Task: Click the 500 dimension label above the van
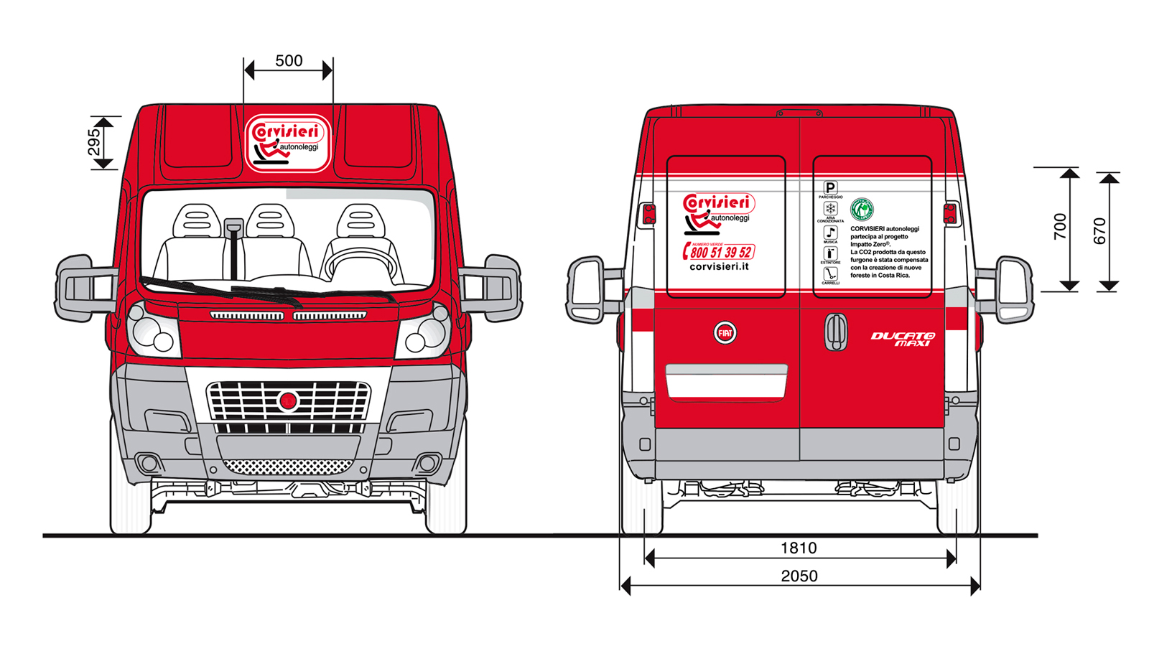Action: pyautogui.click(x=289, y=61)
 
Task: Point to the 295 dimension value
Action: pyautogui.click(x=94, y=143)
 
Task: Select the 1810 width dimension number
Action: pyautogui.click(x=799, y=548)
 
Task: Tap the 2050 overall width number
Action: pyautogui.click(x=799, y=576)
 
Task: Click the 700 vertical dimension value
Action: pyautogui.click(x=1060, y=227)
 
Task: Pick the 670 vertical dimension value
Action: pyautogui.click(x=1099, y=231)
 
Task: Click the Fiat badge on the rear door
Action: pyautogui.click(x=725, y=333)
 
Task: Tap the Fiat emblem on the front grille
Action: pyautogui.click(x=289, y=401)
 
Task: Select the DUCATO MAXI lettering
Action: pyautogui.click(x=903, y=340)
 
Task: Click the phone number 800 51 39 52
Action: pyautogui.click(x=720, y=252)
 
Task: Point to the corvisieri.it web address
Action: pyautogui.click(x=719, y=266)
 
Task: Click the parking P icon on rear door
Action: pyautogui.click(x=830, y=187)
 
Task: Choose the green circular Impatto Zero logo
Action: pyautogui.click(x=862, y=210)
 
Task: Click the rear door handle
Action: pyautogui.click(x=835, y=332)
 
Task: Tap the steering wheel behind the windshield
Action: pyautogui.click(x=360, y=263)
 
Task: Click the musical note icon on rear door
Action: pyautogui.click(x=830, y=233)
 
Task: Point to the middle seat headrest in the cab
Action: pyautogui.click(x=270, y=220)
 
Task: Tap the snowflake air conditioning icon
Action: pyautogui.click(x=830, y=209)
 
